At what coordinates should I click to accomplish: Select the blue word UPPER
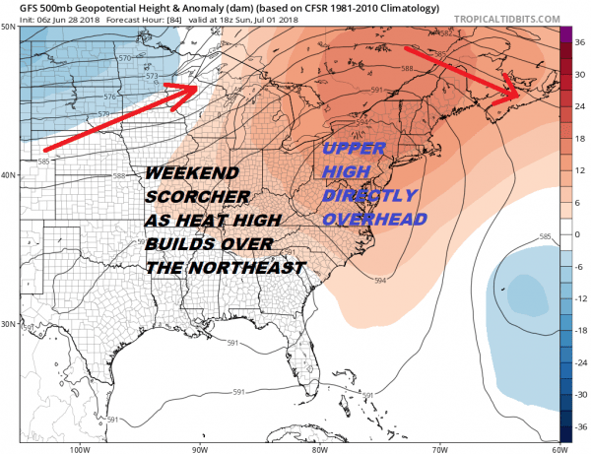pos(355,150)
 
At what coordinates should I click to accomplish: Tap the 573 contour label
pos(152,76)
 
